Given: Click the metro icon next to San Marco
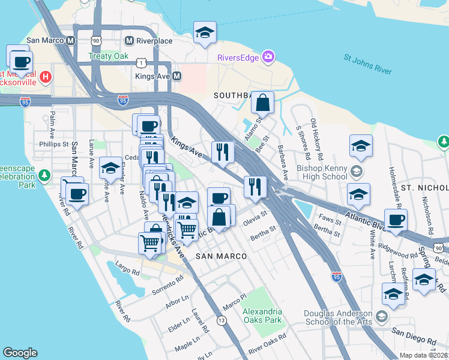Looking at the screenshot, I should (70, 41).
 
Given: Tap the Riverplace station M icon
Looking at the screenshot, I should (128, 41).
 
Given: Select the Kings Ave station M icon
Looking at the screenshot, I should (177, 76).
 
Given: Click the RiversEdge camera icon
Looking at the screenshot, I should (268, 58).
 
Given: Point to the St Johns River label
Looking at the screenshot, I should (367, 65).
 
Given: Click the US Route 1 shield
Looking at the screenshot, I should (140, 62).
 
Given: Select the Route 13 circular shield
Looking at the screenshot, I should (222, 322).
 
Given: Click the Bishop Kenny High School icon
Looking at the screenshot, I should (357, 172).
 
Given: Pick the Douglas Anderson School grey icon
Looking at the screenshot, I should (381, 316).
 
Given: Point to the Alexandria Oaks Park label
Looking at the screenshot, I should (262, 316).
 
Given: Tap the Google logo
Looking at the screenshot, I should (20, 353).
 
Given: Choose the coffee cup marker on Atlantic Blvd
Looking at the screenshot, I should (395, 221).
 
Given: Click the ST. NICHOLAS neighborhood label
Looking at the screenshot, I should (425, 188).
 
